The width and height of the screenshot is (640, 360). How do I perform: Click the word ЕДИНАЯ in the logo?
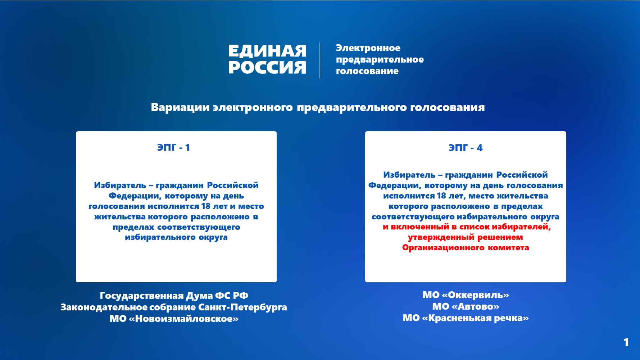pyautogui.click(x=267, y=51)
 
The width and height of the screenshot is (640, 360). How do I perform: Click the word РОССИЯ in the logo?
pyautogui.click(x=267, y=67)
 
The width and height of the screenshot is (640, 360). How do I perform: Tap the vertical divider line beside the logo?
pyautogui.click(x=320, y=60)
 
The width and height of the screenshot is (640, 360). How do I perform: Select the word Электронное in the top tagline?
pyautogui.click(x=368, y=48)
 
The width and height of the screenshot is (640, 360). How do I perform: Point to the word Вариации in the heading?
pyautogui.click(x=180, y=108)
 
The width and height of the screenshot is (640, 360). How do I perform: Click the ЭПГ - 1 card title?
pyautogui.click(x=173, y=147)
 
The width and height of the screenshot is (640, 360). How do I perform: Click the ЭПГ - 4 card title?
pyautogui.click(x=466, y=148)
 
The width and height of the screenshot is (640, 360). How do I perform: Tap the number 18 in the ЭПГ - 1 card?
pyautogui.click(x=206, y=206)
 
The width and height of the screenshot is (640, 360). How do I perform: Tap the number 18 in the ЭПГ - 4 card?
pyautogui.click(x=441, y=196)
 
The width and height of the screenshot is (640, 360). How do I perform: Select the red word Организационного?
pyautogui.click(x=443, y=248)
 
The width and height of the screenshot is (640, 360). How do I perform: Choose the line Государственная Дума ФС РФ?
pyautogui.click(x=174, y=296)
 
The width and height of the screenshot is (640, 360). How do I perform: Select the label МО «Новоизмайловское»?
pyautogui.click(x=174, y=319)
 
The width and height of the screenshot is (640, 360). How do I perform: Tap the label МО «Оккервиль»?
pyautogui.click(x=466, y=295)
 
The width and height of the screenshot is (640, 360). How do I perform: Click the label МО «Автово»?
pyautogui.click(x=466, y=307)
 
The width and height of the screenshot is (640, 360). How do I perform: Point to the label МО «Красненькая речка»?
pyautogui.click(x=466, y=318)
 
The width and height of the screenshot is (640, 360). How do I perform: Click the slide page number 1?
pyautogui.click(x=626, y=342)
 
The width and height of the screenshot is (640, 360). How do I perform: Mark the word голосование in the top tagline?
pyautogui.click(x=367, y=71)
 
